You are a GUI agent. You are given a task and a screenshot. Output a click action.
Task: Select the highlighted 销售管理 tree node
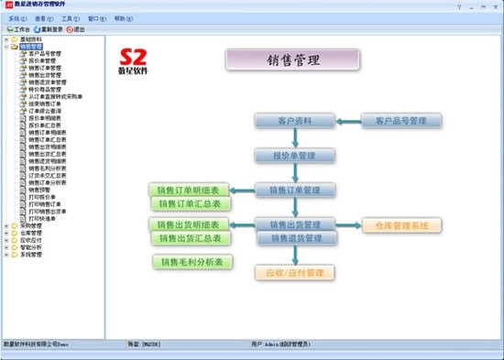(31, 46)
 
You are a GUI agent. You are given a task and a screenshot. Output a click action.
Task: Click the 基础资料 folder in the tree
(30, 39)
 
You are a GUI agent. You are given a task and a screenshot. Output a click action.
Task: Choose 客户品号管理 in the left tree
(45, 53)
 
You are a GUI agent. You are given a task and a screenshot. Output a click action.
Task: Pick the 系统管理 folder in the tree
(30, 255)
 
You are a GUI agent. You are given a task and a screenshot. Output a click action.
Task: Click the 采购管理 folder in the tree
(30, 225)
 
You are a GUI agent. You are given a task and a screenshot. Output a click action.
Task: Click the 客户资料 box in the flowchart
(295, 121)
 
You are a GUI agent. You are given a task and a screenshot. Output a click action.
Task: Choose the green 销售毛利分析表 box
(193, 262)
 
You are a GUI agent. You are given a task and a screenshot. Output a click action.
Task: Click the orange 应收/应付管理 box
(294, 272)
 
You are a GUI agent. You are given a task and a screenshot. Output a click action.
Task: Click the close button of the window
(495, 5)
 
